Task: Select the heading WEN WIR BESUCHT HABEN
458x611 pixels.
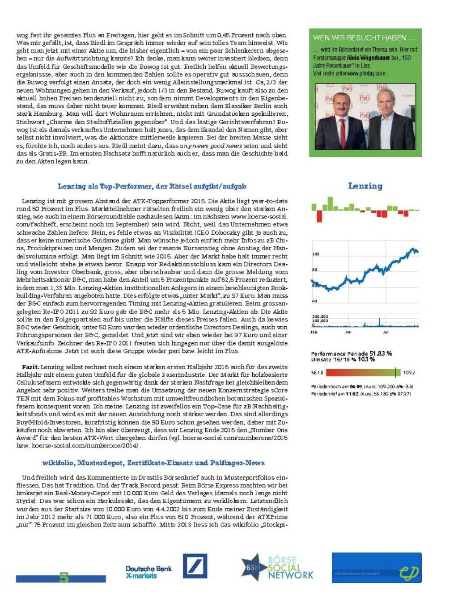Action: coord(364,38)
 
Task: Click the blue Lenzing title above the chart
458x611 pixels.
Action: coord(365,186)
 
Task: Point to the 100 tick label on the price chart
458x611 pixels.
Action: coord(315,254)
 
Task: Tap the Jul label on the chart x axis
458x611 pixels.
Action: coord(386,332)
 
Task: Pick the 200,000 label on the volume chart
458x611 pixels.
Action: coord(320,316)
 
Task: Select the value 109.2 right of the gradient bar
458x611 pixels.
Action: coord(409,372)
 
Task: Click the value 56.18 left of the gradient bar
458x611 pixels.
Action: coord(317,372)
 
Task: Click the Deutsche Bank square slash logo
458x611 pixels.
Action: coord(195,566)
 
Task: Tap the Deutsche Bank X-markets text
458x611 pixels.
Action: coord(148,572)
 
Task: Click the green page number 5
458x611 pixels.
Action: coord(64,577)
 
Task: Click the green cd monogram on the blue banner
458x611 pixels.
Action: coord(409,573)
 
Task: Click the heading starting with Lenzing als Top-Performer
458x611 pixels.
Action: coord(152,186)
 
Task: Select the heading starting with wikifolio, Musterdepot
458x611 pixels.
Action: coord(153,463)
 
